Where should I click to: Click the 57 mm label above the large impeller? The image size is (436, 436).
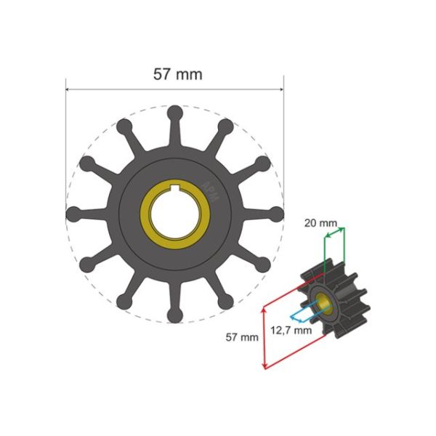pos(177,74)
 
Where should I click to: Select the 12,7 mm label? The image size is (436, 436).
pos(291,329)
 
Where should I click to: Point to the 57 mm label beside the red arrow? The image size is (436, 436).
pos(242,337)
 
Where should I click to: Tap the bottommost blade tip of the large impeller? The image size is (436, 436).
pos(175,315)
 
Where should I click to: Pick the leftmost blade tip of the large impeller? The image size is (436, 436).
pos(73,214)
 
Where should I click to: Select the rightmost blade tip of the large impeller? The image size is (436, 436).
pos(276,214)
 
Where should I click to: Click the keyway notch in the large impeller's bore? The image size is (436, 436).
pos(175,192)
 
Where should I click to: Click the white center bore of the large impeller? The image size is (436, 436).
pos(175,216)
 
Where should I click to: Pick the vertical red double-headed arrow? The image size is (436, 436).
pos(265,338)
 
